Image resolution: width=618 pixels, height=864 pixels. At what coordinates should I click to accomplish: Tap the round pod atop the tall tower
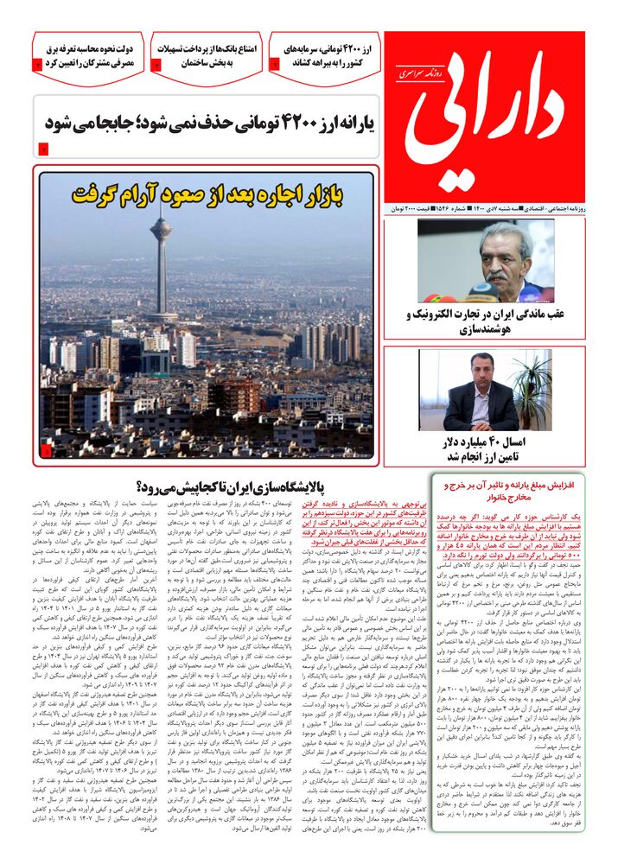point(161,232)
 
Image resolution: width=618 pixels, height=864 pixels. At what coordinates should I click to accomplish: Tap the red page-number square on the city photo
point(46,450)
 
